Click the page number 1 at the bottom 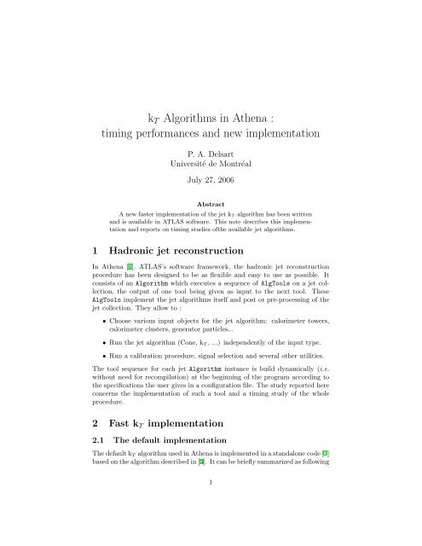(211, 527)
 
